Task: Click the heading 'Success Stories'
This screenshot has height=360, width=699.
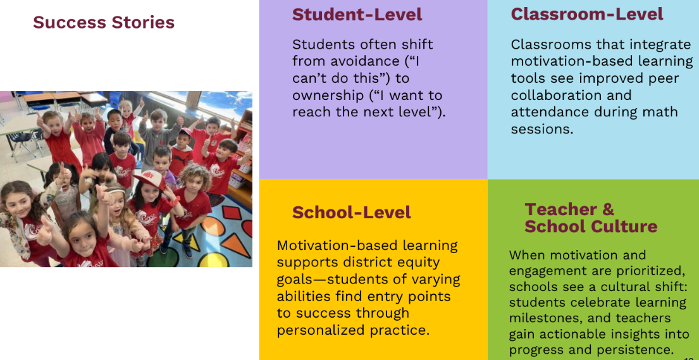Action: point(104,22)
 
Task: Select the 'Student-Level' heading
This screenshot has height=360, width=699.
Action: point(357,15)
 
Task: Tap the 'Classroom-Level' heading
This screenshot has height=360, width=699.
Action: point(587,15)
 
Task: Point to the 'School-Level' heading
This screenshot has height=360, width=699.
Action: point(351,213)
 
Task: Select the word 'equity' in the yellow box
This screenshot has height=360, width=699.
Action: point(418,263)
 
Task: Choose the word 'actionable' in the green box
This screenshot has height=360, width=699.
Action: point(573,334)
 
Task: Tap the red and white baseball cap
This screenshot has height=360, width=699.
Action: point(150,179)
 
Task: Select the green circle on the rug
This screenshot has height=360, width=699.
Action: point(163,259)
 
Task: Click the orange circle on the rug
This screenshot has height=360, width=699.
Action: point(213,226)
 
